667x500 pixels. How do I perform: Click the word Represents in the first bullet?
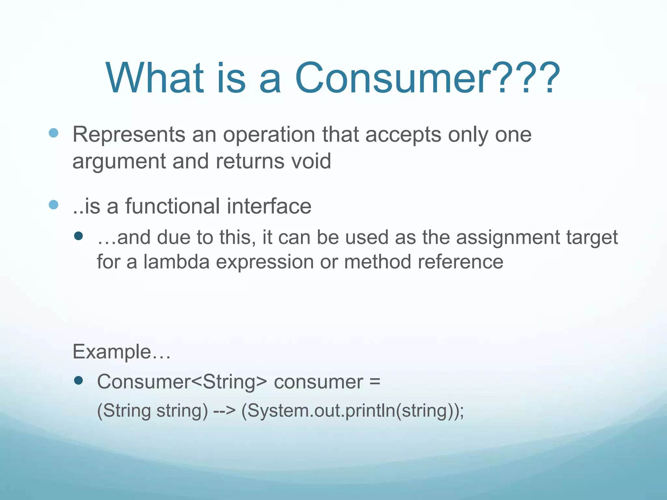point(129,135)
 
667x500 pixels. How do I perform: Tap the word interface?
point(269,206)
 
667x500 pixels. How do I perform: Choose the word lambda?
point(176,262)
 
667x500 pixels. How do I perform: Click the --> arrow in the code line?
point(224,411)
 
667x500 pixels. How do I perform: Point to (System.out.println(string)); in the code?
point(352,411)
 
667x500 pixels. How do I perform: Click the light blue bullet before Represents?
point(53,133)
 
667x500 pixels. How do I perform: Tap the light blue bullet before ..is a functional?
point(53,205)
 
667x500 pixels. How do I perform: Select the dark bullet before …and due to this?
point(78,236)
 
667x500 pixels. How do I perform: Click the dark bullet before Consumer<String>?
point(78,380)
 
